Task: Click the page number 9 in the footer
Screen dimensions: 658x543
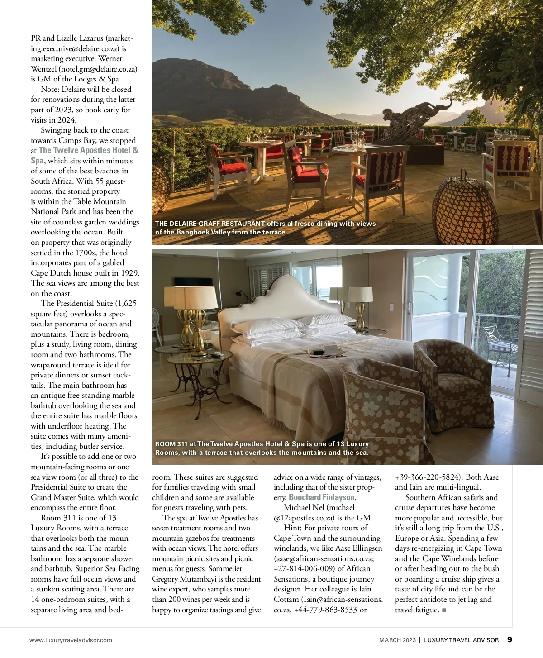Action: [510, 639]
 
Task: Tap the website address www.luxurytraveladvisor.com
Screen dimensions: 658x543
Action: [71, 640]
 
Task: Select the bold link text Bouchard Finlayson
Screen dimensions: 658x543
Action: [321, 497]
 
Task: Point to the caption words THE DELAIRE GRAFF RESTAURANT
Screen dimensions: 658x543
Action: [210, 224]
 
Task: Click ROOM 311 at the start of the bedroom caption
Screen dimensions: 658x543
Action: [171, 444]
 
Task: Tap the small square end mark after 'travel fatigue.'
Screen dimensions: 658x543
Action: [444, 610]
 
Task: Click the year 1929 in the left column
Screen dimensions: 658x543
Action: [130, 273]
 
